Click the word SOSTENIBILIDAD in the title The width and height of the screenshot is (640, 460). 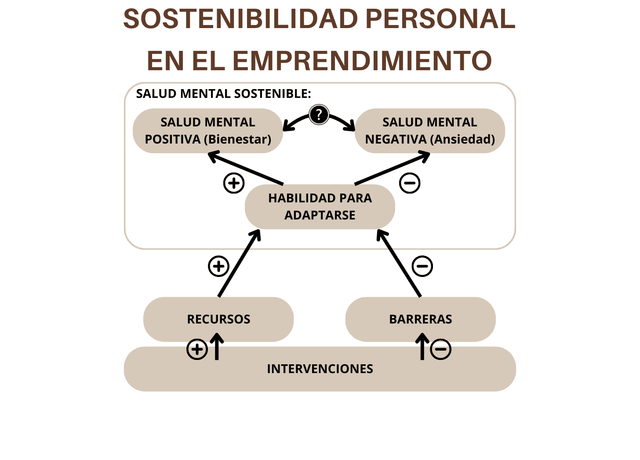click(240, 19)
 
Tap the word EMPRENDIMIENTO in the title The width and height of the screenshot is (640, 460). click(362, 61)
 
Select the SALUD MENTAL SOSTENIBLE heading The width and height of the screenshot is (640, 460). click(223, 93)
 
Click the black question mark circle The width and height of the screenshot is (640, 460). click(319, 115)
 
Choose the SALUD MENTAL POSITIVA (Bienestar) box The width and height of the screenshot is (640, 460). click(207, 131)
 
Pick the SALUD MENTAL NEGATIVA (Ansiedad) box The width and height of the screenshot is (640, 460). click(429, 131)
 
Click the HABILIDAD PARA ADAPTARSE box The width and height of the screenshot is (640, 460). click(320, 207)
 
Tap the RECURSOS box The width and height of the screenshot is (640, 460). click(218, 319)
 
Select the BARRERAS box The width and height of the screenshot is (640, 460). click(420, 319)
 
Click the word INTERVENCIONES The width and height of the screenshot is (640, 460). click(320, 369)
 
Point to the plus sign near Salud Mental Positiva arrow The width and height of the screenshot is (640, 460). click(234, 183)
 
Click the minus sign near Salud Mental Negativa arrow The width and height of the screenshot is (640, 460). click(410, 183)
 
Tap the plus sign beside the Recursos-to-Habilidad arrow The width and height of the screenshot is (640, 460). click(218, 266)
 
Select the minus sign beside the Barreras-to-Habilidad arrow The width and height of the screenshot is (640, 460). click(422, 266)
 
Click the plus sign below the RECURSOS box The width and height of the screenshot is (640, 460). click(197, 349)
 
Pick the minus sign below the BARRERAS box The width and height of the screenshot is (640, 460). click(441, 349)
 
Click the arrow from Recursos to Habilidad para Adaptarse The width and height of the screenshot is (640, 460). click(239, 263)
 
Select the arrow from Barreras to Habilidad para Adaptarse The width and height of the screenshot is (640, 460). click(399, 263)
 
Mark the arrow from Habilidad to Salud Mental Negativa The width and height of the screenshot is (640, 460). click(392, 168)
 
